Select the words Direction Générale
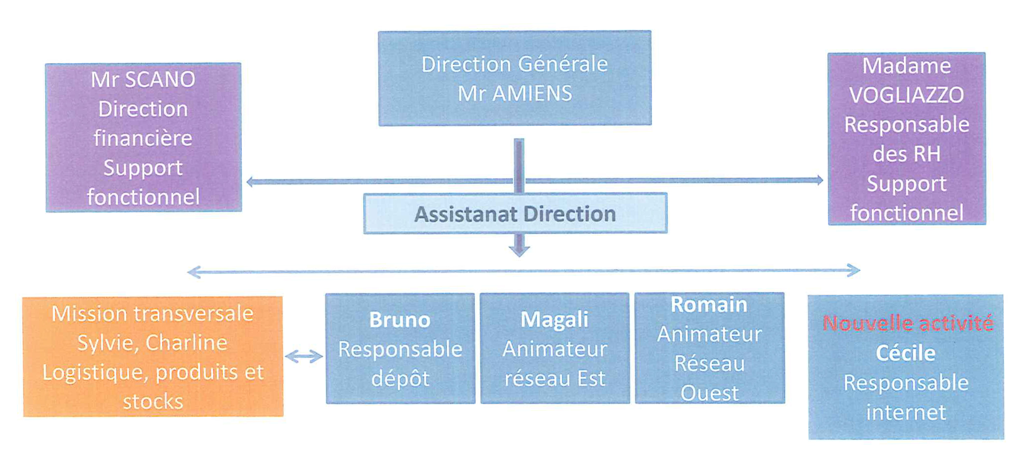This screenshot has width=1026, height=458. coord(514,64)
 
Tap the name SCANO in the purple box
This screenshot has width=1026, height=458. coord(160,79)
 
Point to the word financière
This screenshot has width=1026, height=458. coord(143,138)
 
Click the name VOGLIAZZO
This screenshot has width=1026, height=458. coord(906,95)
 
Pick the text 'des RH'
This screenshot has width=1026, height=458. coord(906,154)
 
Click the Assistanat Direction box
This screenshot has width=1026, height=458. coord(515,214)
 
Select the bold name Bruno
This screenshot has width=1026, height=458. coord(400,320)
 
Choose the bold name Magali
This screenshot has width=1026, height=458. coord(554,320)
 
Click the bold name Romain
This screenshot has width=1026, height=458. coord(709,305)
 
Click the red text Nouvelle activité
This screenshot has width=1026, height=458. coord(908,323)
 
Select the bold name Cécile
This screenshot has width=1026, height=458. coord(905,353)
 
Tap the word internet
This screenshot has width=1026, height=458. coord(906,412)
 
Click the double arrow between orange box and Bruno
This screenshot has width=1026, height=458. coord(304,356)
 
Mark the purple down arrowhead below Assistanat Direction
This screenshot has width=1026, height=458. coord(519,251)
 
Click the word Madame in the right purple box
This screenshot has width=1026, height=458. coord(906,66)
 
